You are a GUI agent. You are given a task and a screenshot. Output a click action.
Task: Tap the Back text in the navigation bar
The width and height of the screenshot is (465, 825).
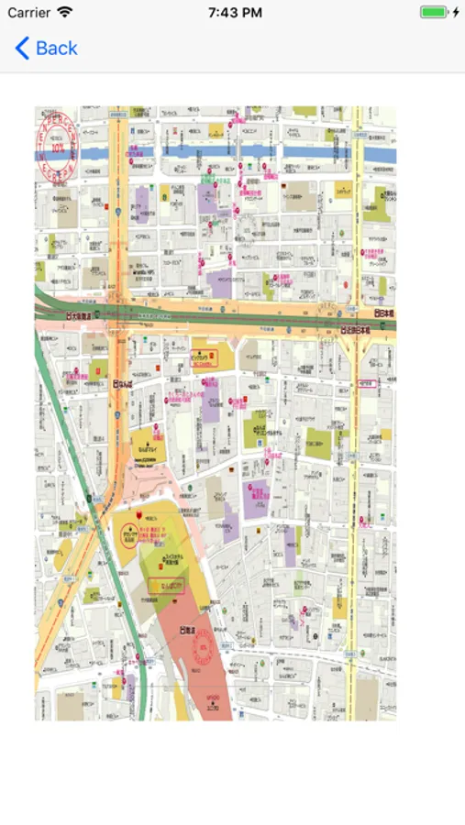(57, 49)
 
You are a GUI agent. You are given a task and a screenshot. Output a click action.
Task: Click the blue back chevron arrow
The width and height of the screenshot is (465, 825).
(23, 49)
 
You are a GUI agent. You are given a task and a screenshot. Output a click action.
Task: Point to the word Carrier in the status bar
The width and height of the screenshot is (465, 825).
(28, 13)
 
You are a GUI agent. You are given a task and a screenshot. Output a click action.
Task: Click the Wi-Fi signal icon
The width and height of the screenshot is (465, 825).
(64, 13)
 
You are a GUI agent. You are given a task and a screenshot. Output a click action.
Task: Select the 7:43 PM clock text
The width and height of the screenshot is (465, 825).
(235, 13)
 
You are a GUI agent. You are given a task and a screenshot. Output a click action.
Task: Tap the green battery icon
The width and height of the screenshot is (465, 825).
(433, 13)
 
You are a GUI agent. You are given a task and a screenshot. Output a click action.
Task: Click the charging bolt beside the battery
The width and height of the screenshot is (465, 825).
(456, 13)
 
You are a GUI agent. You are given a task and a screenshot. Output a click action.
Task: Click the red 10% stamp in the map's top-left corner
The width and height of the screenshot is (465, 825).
(57, 145)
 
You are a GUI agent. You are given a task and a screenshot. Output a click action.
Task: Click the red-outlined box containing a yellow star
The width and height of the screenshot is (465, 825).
(172, 584)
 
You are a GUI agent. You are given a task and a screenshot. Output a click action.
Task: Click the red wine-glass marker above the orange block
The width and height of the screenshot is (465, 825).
(138, 516)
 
